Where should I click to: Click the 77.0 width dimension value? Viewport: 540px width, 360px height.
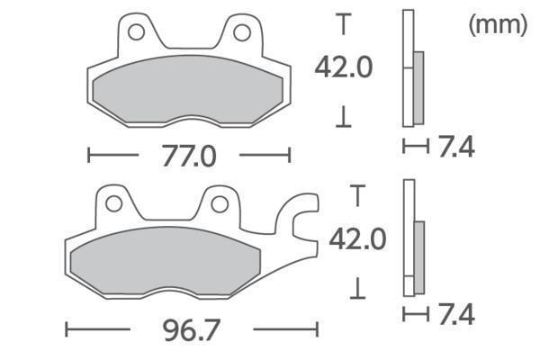tap(189, 156)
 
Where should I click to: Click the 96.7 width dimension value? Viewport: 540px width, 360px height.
tap(192, 330)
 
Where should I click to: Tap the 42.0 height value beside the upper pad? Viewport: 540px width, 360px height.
tap(344, 67)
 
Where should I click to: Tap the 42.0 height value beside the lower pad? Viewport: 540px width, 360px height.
tap(357, 239)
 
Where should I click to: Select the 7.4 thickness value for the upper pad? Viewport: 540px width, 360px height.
tap(456, 147)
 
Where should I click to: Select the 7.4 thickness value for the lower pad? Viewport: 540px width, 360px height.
tap(456, 314)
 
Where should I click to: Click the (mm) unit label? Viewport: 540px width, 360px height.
tap(498, 24)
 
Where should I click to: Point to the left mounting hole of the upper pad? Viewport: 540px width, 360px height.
tap(136, 32)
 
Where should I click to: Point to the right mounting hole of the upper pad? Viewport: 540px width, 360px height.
tap(242, 32)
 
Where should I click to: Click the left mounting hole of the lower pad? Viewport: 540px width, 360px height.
tap(113, 203)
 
